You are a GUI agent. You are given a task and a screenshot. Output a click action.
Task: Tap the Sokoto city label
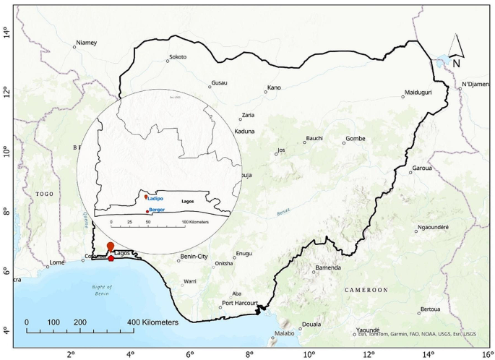coord(177,56)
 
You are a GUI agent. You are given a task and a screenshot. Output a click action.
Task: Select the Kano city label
coord(274,87)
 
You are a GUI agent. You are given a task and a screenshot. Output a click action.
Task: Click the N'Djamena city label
coord(477,84)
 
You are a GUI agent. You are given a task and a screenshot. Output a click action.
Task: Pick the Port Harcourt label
coord(240,303)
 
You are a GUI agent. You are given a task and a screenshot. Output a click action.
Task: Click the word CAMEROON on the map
coord(366,289)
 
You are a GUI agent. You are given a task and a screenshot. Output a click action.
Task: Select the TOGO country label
coord(45,194)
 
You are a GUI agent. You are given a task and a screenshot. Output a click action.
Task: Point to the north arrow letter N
coord(457,63)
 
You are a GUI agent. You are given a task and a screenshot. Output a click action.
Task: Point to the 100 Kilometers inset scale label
coord(195,222)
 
